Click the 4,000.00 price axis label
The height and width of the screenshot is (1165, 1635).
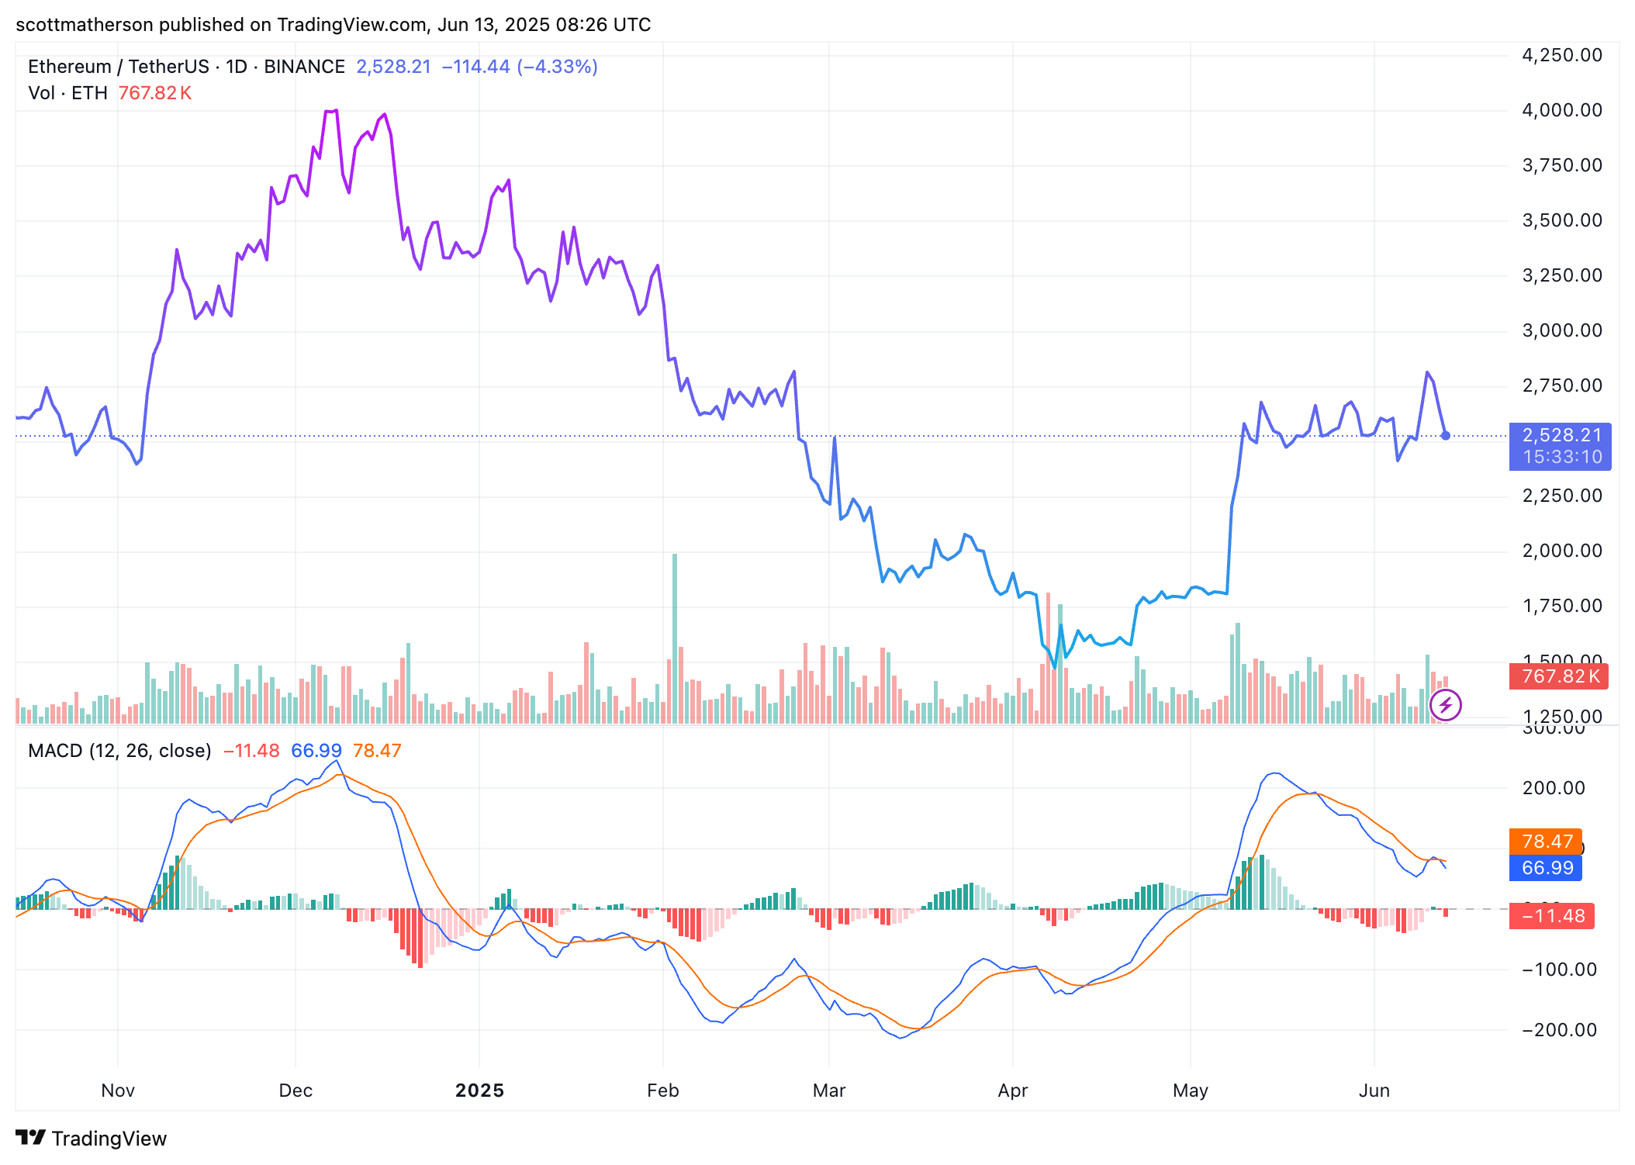tap(1561, 110)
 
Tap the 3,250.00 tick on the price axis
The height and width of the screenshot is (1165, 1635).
tap(1561, 275)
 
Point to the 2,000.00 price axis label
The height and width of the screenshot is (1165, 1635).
tap(1561, 551)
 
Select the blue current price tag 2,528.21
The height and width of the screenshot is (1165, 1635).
tap(1560, 436)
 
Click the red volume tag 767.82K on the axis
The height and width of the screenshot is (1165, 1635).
tap(1558, 676)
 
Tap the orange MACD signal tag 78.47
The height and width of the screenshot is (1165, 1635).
tap(1547, 842)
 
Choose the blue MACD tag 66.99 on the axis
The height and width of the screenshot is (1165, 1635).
tap(1547, 868)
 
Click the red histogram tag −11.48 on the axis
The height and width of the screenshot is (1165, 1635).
tap(1552, 916)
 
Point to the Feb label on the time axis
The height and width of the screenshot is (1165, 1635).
tap(663, 1091)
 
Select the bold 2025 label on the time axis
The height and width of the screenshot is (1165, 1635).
tap(479, 1091)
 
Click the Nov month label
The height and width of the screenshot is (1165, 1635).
tap(118, 1091)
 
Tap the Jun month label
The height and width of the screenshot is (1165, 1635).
tap(1374, 1091)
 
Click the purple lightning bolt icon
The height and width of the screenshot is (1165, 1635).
tap(1445, 705)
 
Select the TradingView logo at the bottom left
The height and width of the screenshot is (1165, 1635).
tap(92, 1138)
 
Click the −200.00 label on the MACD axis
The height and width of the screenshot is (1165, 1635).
tap(1559, 1030)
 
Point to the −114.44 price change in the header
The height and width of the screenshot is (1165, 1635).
tap(475, 67)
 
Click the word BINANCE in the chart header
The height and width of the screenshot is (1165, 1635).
tap(304, 67)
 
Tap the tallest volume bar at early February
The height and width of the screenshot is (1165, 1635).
tap(675, 636)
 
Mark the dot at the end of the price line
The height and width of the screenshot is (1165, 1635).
tap(1445, 436)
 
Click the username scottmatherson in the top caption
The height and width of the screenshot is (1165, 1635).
tap(85, 25)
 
